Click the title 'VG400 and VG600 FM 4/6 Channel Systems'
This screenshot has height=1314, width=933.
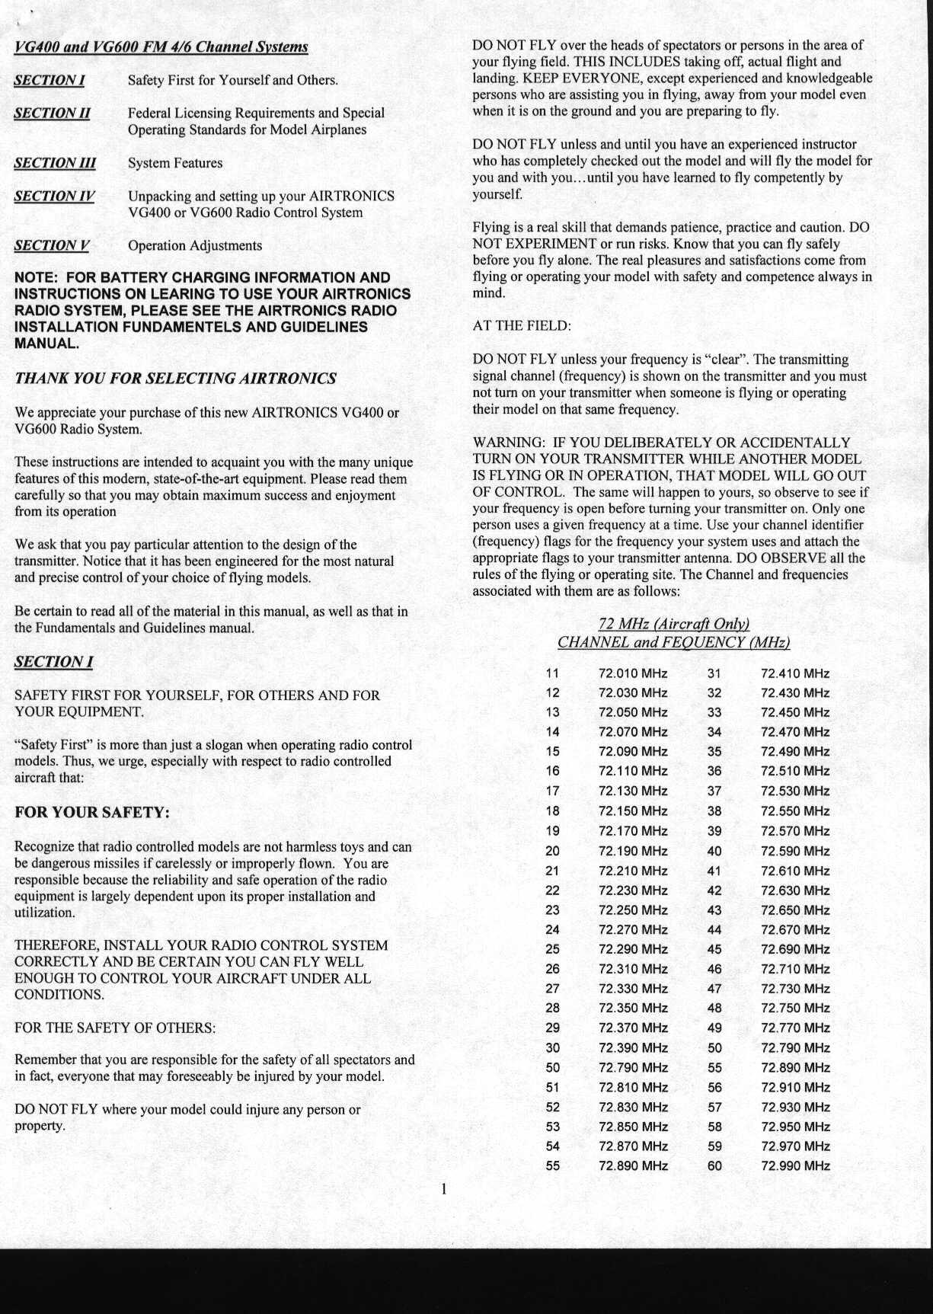[x=161, y=47]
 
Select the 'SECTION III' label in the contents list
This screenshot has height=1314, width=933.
[x=55, y=163]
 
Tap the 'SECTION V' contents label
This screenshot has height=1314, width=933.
[x=52, y=245]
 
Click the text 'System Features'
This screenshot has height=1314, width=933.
[x=175, y=163]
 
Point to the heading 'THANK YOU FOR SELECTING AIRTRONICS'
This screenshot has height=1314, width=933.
[x=176, y=379]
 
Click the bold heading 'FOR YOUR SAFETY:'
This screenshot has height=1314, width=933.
[x=92, y=812]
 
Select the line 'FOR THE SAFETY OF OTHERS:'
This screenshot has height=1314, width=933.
[x=115, y=1028]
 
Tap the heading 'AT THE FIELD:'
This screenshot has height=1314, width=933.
[x=521, y=326]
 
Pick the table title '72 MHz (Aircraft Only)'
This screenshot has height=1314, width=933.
[x=674, y=624]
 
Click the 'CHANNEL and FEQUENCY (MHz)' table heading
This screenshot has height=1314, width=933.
[x=674, y=642]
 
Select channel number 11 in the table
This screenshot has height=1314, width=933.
[x=552, y=673]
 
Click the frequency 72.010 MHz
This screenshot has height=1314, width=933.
[x=633, y=673]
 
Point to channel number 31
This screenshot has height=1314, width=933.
[x=714, y=673]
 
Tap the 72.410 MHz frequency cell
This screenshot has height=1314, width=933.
[x=795, y=673]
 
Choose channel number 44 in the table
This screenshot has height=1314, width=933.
[x=714, y=929]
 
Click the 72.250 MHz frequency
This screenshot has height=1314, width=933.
[x=633, y=910]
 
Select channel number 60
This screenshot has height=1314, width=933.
[x=714, y=1165]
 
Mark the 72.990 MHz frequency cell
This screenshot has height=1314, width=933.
[x=795, y=1165]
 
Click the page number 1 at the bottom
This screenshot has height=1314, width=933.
[x=443, y=1189]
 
